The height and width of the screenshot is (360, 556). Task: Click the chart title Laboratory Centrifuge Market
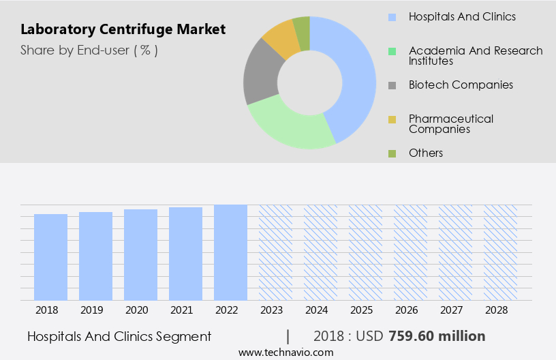pyautogui.click(x=123, y=30)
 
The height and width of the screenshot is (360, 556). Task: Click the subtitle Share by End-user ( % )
pyautogui.click(x=89, y=50)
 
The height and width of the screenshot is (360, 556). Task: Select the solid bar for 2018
pyautogui.click(x=50, y=257)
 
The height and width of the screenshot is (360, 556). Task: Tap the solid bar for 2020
pyautogui.click(x=140, y=254)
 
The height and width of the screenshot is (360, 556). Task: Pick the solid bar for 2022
pyautogui.click(x=230, y=252)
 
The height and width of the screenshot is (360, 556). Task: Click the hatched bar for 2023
pyautogui.click(x=275, y=252)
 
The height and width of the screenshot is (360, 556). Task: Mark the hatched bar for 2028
pyautogui.click(x=500, y=252)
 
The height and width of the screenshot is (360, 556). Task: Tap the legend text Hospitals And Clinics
pyautogui.click(x=462, y=16)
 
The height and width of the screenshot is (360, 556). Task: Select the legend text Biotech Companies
pyautogui.click(x=461, y=85)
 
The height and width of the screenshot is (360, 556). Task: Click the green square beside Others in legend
pyautogui.click(x=392, y=153)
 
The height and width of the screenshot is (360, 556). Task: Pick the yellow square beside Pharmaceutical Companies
pyautogui.click(x=392, y=120)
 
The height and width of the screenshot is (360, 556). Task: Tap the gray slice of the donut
pyautogui.click(x=261, y=75)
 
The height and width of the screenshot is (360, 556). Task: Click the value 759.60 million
pyautogui.click(x=437, y=336)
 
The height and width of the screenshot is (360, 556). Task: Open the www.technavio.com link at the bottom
pyautogui.click(x=286, y=352)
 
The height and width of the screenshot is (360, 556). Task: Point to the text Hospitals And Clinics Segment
pyautogui.click(x=119, y=336)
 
